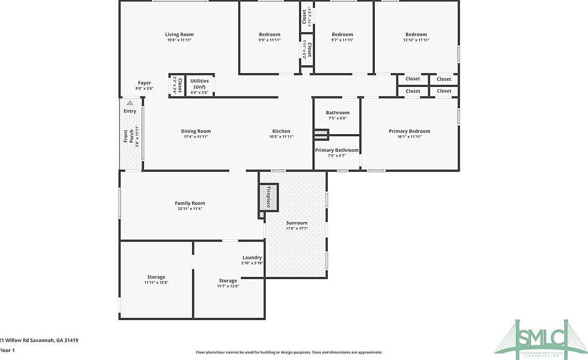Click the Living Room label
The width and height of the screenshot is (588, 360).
(x=179, y=34)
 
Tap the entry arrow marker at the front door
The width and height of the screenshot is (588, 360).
(x=130, y=102)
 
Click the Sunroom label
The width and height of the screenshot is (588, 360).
(x=297, y=223)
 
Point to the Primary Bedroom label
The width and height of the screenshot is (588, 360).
(x=409, y=131)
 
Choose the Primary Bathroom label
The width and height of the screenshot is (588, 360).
(x=337, y=150)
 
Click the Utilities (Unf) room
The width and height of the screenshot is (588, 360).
(x=199, y=86)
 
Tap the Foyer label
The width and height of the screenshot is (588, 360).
(x=144, y=83)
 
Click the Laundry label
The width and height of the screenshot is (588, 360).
(x=252, y=258)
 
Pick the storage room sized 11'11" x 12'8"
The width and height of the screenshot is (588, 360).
(x=156, y=280)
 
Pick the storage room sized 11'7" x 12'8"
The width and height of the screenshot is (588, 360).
(x=228, y=283)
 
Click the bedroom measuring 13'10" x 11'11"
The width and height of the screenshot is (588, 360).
(x=416, y=37)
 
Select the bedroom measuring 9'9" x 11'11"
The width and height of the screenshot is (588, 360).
(x=270, y=37)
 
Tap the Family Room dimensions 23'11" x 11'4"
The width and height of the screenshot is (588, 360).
(x=190, y=209)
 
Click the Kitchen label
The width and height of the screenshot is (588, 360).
(x=281, y=131)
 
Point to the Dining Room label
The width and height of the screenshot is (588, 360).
(x=195, y=131)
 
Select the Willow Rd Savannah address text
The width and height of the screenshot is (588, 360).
(x=39, y=341)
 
